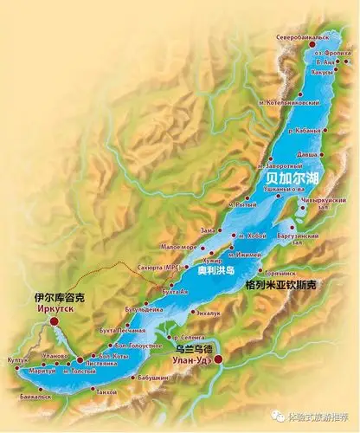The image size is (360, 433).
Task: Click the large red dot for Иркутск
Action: pyautogui.click(x=55, y=320)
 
